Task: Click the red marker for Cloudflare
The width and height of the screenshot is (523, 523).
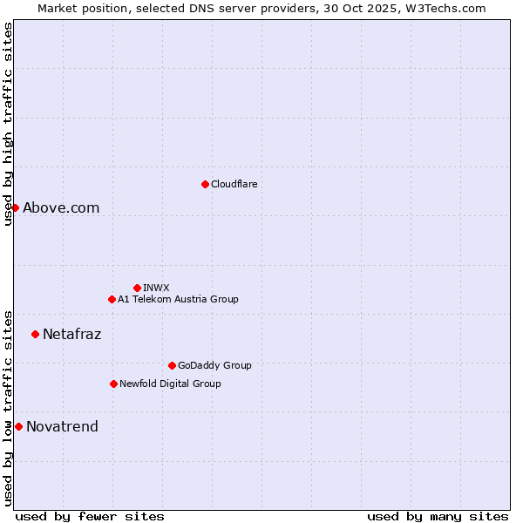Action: pyautogui.click(x=205, y=184)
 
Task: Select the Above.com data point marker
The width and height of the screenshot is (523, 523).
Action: pyautogui.click(x=15, y=207)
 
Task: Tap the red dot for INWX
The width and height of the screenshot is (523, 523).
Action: pyautogui.click(x=137, y=288)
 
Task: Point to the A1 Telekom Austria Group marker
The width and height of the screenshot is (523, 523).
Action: pyautogui.click(x=112, y=299)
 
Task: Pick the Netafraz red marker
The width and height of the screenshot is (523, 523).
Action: pyautogui.click(x=35, y=334)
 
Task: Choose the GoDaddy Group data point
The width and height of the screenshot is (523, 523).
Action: pyautogui.click(x=172, y=365)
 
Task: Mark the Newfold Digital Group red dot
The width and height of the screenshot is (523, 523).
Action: pyautogui.click(x=113, y=384)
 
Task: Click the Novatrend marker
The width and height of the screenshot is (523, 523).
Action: pyautogui.click(x=18, y=426)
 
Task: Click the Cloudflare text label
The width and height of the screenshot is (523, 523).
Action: pyautogui.click(x=234, y=184)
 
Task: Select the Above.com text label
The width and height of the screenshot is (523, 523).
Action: pyautogui.click(x=61, y=207)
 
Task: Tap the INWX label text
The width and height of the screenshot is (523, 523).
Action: pyautogui.click(x=157, y=288)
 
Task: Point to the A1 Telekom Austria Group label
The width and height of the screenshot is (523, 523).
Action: pyautogui.click(x=178, y=299)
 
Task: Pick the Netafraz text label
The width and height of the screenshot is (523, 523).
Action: pyautogui.click(x=72, y=334)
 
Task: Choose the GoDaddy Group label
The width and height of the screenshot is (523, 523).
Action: pyautogui.click(x=214, y=365)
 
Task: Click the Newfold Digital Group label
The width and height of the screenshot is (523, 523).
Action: pyautogui.click(x=170, y=384)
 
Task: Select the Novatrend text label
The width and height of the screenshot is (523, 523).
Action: pyautogui.click(x=62, y=426)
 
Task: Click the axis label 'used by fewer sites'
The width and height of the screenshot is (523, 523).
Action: pyautogui.click(x=90, y=516)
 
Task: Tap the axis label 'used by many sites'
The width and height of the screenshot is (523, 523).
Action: pyautogui.click(x=438, y=516)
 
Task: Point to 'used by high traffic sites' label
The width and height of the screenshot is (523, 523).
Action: pyautogui.click(x=8, y=124)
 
